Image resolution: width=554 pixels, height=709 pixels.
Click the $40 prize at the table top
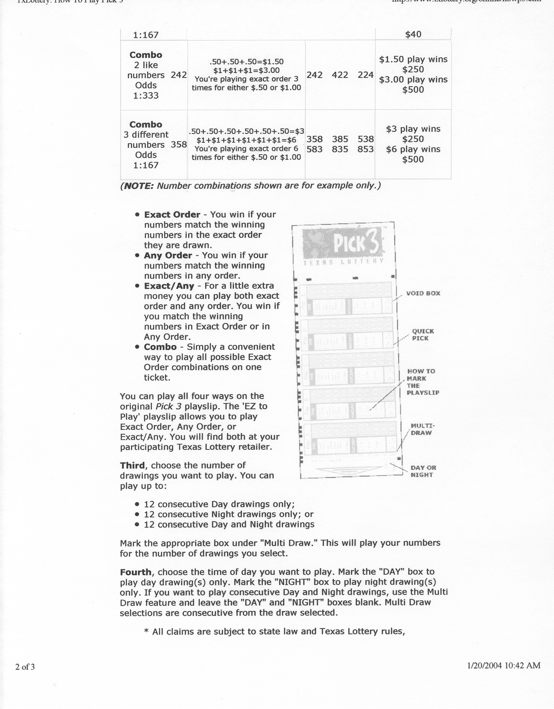click(413, 34)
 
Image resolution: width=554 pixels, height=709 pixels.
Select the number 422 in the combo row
click(340, 75)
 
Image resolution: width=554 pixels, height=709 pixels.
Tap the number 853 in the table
click(365, 149)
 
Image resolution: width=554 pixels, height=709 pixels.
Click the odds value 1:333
click(146, 95)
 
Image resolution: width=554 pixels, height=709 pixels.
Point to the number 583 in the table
click(314, 149)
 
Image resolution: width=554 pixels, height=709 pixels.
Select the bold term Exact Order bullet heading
click(172, 215)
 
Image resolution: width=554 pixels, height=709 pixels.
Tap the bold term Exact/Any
click(169, 286)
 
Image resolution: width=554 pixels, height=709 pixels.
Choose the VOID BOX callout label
click(423, 293)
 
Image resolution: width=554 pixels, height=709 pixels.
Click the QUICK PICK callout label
click(423, 334)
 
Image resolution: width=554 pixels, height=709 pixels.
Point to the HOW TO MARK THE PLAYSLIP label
click(423, 382)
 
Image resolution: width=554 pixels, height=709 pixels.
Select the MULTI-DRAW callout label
click(422, 429)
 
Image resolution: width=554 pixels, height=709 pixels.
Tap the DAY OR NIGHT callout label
click(423, 471)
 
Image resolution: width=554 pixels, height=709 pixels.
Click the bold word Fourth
click(135, 572)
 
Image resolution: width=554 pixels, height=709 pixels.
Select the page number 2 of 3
click(25, 667)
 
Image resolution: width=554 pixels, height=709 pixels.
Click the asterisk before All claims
click(146, 632)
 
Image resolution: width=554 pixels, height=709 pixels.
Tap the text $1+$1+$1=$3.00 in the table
click(246, 70)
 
